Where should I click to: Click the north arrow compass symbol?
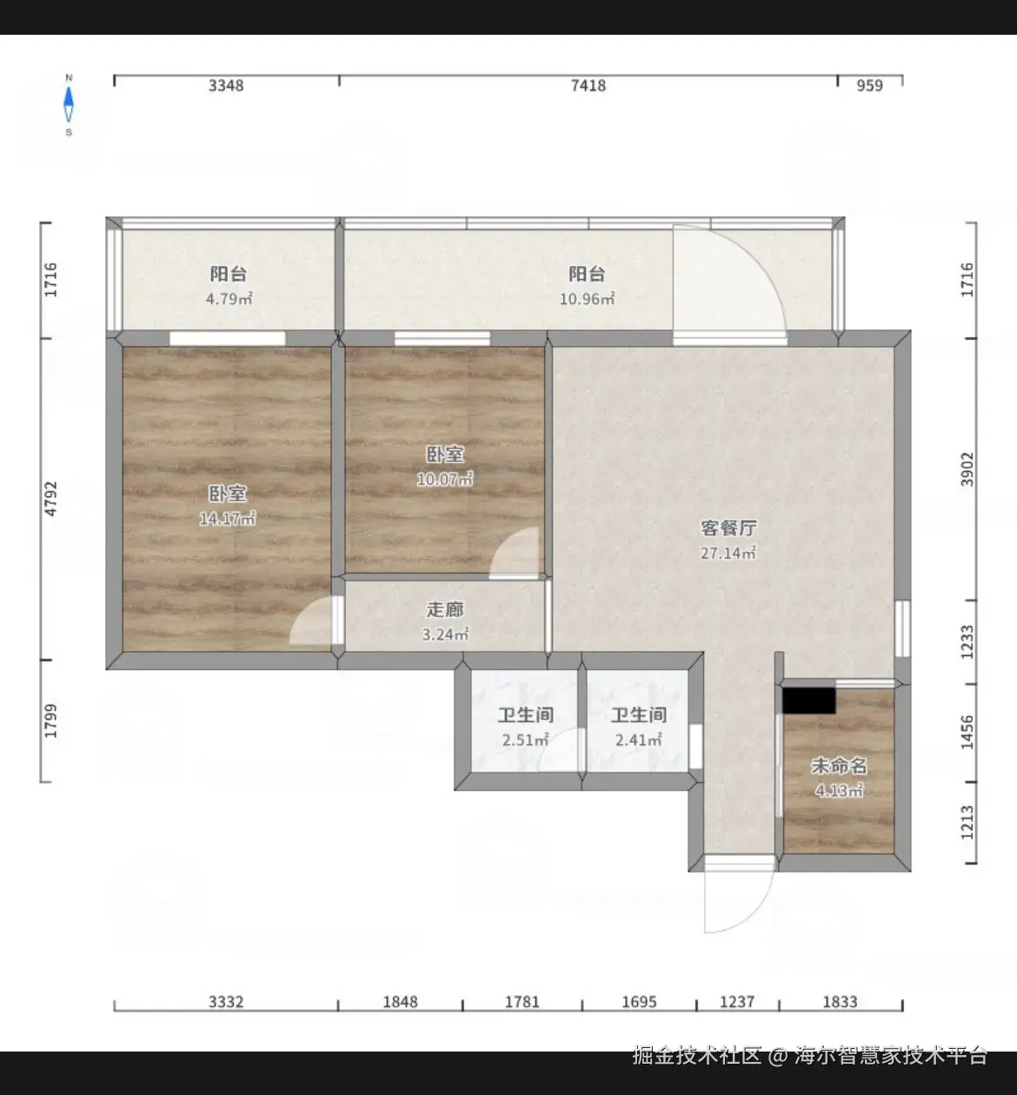coord(69,105)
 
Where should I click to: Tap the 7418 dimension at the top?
coord(588,85)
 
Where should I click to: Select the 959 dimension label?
coord(870,85)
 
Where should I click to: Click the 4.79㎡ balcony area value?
coord(229,299)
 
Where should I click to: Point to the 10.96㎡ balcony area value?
coord(587,299)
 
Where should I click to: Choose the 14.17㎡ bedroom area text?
coord(227,518)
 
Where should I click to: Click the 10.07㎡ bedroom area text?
coord(444,479)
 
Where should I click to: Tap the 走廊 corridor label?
coord(444,609)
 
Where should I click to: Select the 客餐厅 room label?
coord(728,528)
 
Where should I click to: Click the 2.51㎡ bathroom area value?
coord(525,740)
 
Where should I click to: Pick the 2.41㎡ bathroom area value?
coord(638,740)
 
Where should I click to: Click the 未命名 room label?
coord(839,766)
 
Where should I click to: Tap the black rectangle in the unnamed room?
coord(809,700)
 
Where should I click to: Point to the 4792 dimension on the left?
coord(50,499)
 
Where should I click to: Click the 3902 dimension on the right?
coord(967,469)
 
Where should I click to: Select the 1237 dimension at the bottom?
coord(737,1001)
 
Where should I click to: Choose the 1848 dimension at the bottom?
coord(401,1001)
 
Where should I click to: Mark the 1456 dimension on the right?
coord(967,733)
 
